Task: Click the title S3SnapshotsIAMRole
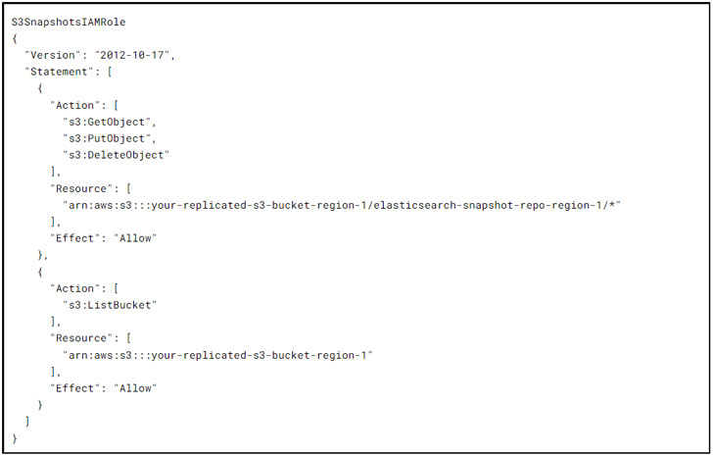(x=68, y=21)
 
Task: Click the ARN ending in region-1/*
(x=342, y=205)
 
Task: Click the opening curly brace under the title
(x=15, y=37)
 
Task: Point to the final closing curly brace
(x=15, y=437)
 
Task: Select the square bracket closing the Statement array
(x=27, y=421)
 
